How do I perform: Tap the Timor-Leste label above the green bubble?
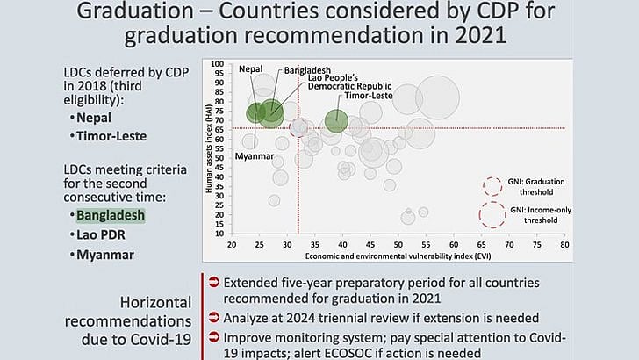(367, 96)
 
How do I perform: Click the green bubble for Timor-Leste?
(337, 120)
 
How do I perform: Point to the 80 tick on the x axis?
(565, 246)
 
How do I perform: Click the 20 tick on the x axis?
(232, 246)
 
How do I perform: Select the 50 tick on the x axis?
(398, 246)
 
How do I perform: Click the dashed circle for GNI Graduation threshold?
(493, 186)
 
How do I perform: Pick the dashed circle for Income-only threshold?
(492, 215)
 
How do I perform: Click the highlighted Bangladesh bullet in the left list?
(110, 214)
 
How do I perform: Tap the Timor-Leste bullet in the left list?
(111, 136)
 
